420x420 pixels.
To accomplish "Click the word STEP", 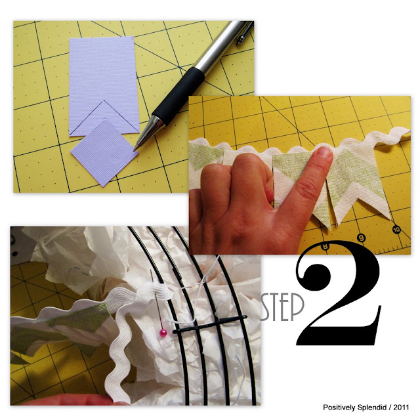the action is coord(282,307).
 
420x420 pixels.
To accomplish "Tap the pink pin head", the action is coord(163,333).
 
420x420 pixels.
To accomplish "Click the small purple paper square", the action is coord(104,153).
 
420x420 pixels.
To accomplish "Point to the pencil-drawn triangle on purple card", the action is coord(104,118).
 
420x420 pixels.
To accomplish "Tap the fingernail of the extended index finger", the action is coord(324,152).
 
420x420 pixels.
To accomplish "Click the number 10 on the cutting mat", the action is coord(396,229).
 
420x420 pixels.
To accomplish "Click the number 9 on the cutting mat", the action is coord(362,238).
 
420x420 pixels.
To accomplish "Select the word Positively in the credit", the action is coord(339,408).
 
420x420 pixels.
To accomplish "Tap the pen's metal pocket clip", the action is coord(245,33).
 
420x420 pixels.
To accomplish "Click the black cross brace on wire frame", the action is coord(210,325).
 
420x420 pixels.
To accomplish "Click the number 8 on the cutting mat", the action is coord(325,247).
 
